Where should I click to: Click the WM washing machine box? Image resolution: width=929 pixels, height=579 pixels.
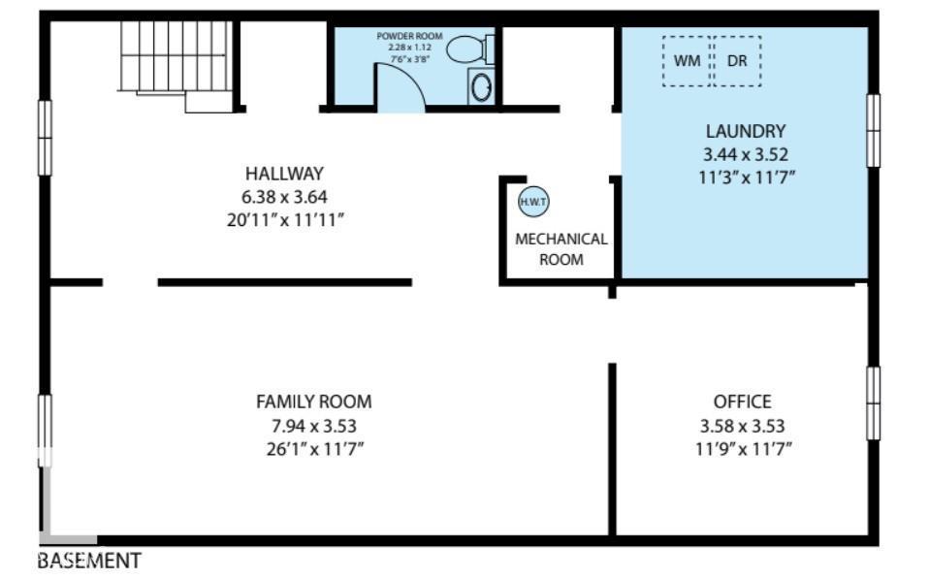pyautogui.click(x=687, y=61)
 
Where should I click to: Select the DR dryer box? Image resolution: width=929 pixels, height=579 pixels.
pyautogui.click(x=737, y=61)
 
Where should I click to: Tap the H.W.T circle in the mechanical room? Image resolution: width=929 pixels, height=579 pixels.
pyautogui.click(x=533, y=202)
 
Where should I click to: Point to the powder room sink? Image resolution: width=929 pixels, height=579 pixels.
pyautogui.click(x=481, y=87)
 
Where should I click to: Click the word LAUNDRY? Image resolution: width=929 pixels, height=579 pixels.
pyautogui.click(x=745, y=131)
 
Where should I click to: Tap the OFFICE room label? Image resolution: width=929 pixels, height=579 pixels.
pyautogui.click(x=742, y=402)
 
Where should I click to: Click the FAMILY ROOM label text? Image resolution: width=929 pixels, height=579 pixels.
pyautogui.click(x=313, y=402)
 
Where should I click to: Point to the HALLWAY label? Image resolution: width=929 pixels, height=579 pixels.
pyautogui.click(x=283, y=174)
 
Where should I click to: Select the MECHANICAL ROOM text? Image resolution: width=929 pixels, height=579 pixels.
pyautogui.click(x=561, y=248)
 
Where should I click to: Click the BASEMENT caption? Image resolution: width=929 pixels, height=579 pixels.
pyautogui.click(x=89, y=561)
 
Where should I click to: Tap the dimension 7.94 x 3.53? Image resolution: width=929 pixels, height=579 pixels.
pyautogui.click(x=313, y=425)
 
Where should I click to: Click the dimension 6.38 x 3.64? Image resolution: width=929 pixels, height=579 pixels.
pyautogui.click(x=283, y=197)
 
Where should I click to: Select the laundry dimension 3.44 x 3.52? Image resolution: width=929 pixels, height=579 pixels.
pyautogui.click(x=745, y=154)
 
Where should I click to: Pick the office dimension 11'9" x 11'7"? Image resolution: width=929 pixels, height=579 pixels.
pyautogui.click(x=742, y=448)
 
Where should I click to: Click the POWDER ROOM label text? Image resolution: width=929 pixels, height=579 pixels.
pyautogui.click(x=409, y=36)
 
